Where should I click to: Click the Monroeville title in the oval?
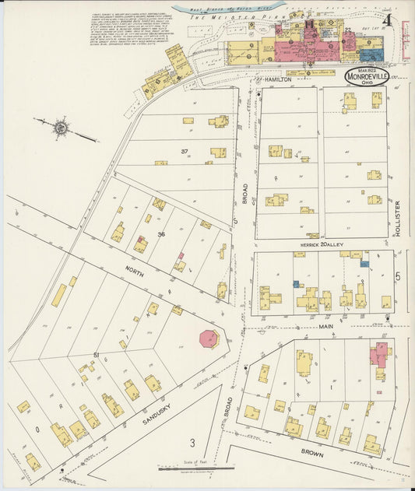368,78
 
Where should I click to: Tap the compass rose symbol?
59,126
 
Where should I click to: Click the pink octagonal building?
209,339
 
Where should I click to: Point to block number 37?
185,150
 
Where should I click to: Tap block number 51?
97,355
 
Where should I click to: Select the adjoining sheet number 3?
192,443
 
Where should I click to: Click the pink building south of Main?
380,353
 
